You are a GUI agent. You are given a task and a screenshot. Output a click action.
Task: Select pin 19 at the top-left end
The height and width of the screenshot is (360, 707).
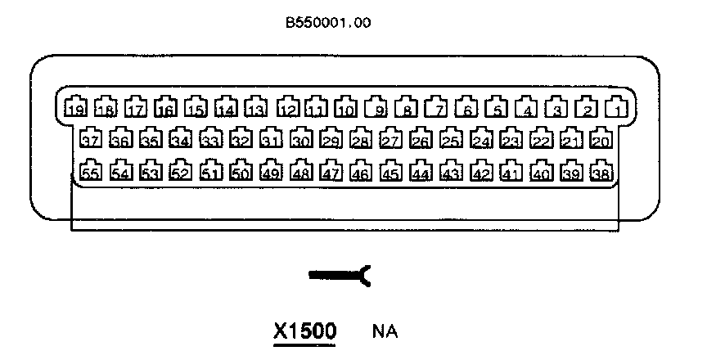[76, 107]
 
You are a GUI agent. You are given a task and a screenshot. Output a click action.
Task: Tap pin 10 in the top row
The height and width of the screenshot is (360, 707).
[346, 107]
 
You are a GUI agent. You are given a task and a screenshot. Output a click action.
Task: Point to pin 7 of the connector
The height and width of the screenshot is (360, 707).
[439, 107]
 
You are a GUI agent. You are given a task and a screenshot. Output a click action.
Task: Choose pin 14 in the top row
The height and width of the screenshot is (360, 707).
[227, 107]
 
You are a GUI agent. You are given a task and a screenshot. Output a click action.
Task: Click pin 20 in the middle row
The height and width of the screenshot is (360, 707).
[601, 139]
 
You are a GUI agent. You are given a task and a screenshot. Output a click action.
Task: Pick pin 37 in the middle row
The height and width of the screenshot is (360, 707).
[90, 139]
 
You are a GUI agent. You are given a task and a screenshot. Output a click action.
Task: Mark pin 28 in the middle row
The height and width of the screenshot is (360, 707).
[360, 139]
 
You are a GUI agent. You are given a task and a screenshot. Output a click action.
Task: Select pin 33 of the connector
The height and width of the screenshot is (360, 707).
[210, 139]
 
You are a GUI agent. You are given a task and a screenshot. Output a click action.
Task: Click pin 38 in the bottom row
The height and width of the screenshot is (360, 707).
[601, 172]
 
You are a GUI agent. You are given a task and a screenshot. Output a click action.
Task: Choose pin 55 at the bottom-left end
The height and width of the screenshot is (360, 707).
[90, 172]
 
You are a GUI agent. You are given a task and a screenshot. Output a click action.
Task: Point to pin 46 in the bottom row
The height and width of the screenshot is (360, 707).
[360, 172]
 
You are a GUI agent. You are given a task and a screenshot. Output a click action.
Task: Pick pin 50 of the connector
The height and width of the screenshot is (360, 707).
[240, 172]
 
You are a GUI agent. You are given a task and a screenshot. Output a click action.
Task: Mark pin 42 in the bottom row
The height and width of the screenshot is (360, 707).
[481, 172]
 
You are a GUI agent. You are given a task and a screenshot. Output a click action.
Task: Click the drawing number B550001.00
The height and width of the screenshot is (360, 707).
[327, 23]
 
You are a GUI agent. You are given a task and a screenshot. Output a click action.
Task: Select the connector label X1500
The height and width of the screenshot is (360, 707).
[304, 331]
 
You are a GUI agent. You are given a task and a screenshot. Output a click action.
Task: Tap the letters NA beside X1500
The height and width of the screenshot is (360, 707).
[385, 332]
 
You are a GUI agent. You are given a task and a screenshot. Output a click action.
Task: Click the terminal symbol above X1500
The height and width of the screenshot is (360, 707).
[340, 277]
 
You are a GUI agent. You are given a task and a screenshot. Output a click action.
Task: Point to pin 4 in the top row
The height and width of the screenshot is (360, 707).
[528, 107]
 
